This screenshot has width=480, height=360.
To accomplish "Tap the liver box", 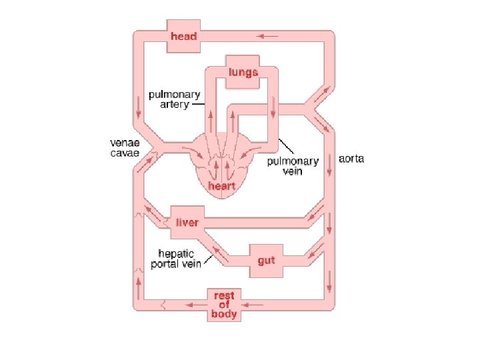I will point(187,221).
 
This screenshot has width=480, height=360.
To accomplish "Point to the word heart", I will point(221,185).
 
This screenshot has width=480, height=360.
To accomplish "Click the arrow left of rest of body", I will point(195,305).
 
